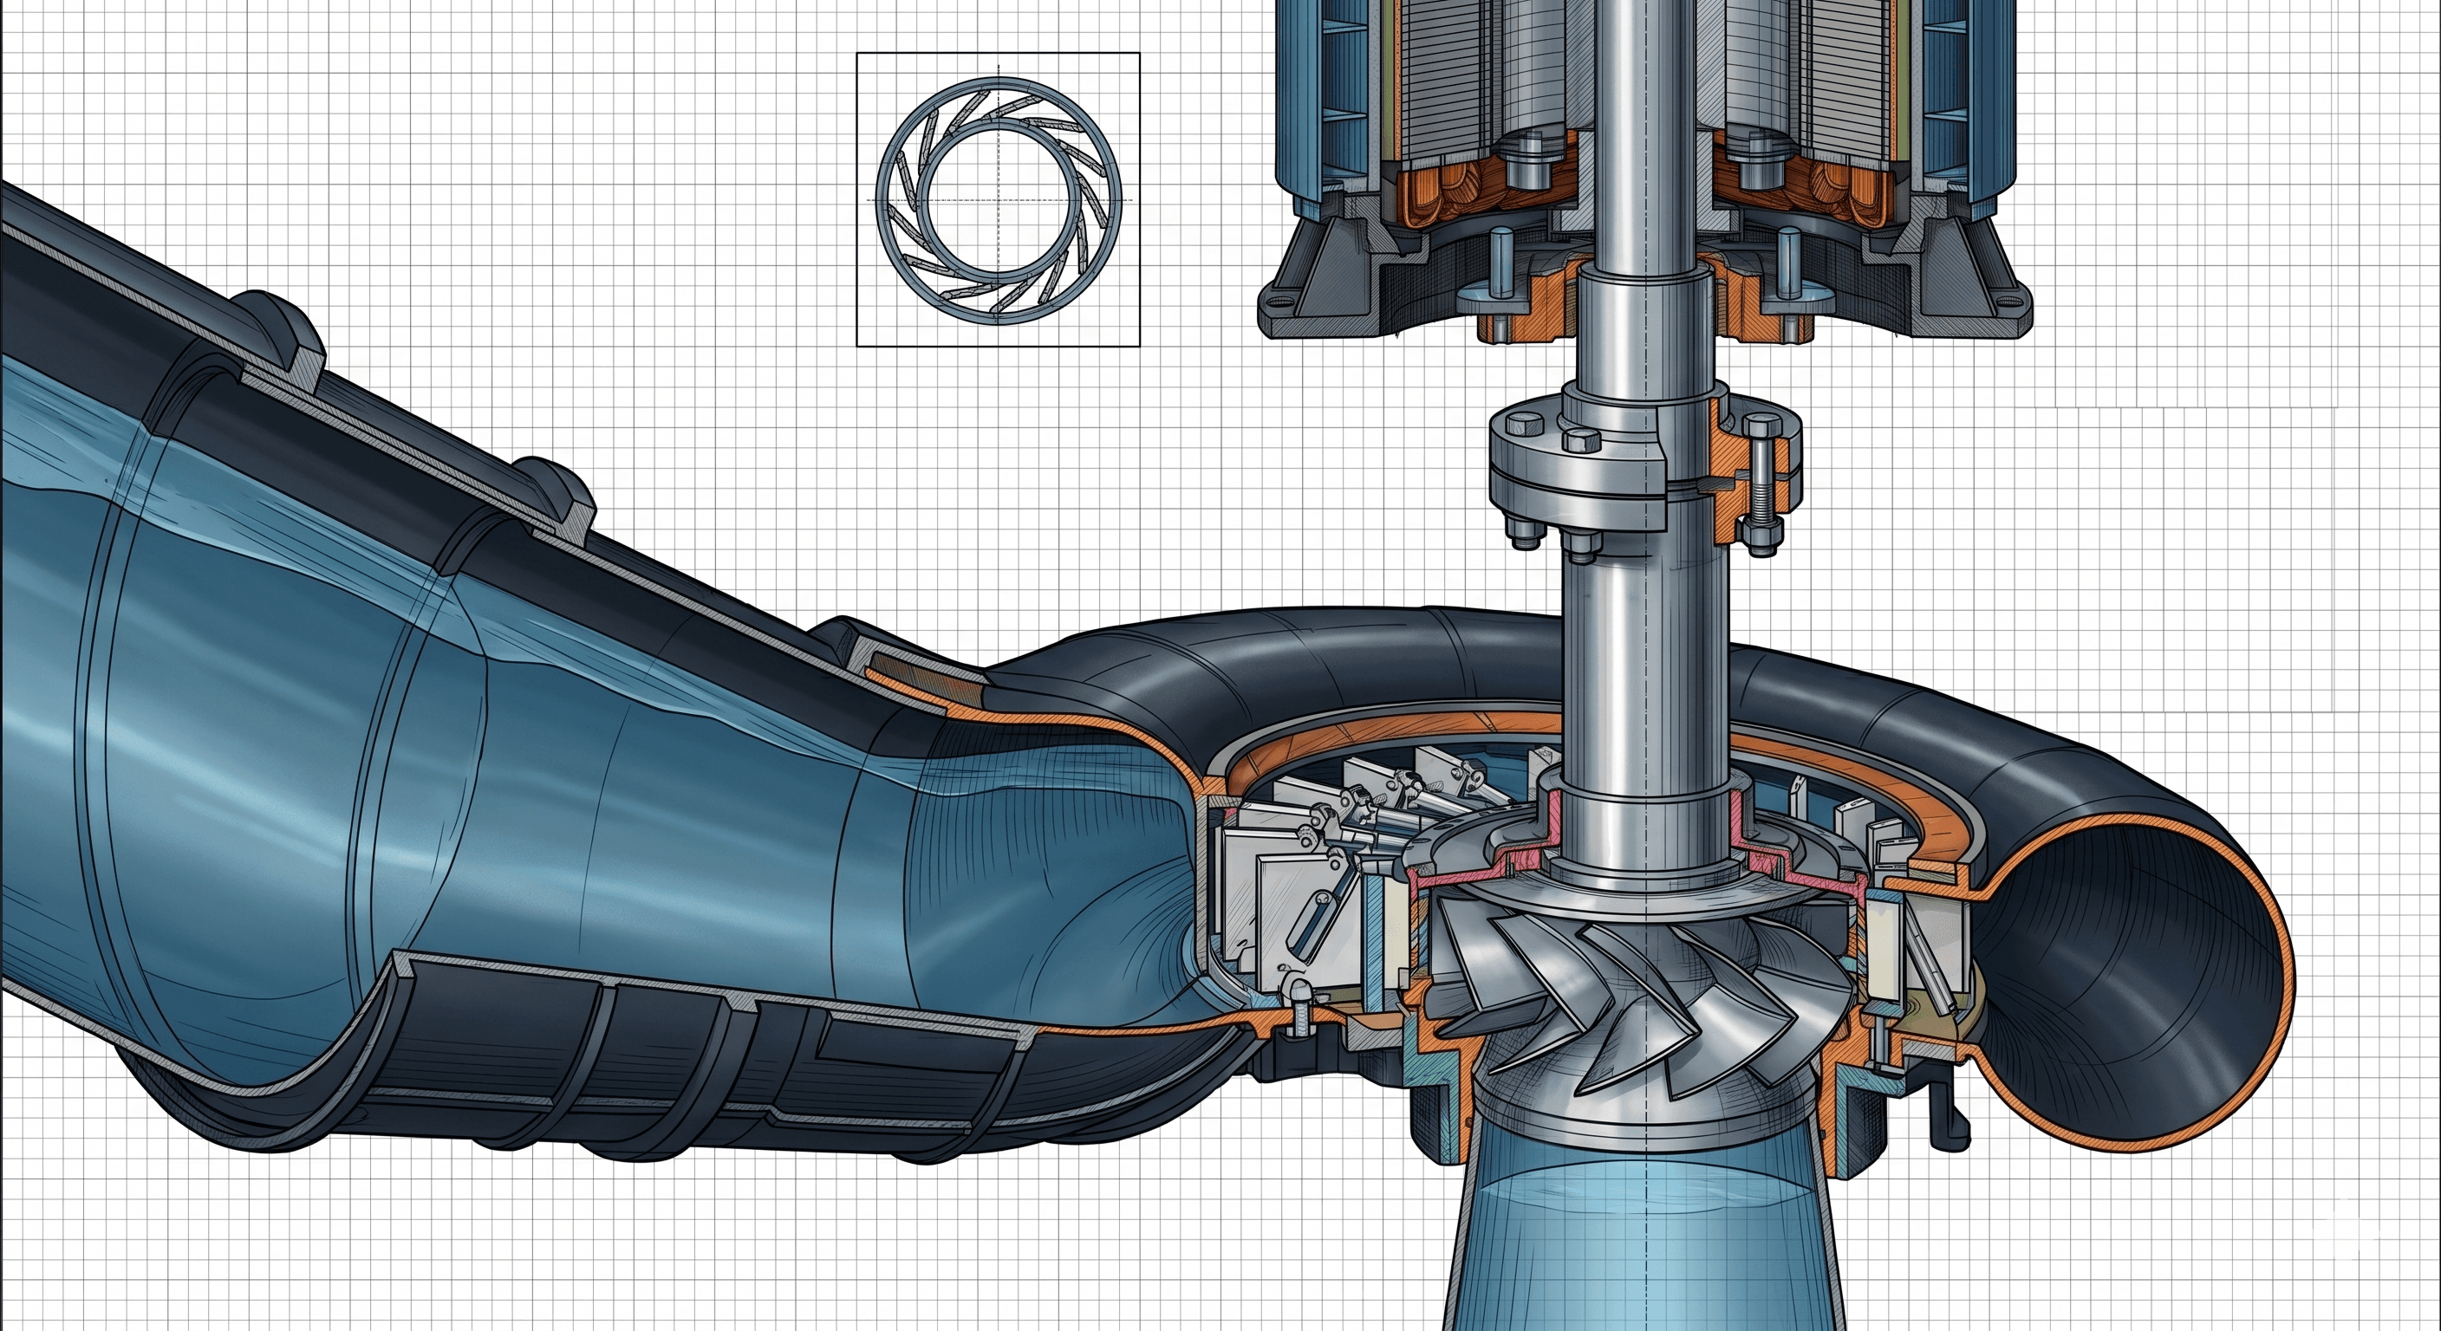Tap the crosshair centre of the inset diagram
[x=999, y=200]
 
